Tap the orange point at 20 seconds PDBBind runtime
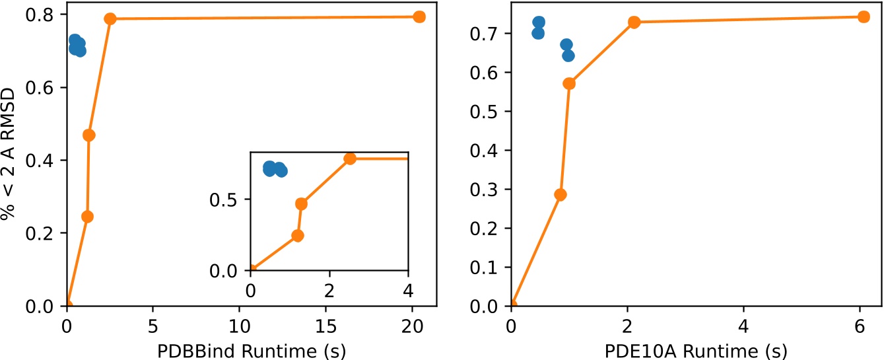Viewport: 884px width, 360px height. (x=419, y=17)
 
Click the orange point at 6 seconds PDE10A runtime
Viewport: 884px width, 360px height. (x=863, y=17)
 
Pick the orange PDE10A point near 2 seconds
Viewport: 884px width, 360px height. (x=634, y=22)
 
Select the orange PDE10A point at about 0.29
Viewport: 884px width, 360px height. (x=561, y=195)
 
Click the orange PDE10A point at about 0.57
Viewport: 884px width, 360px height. (x=569, y=83)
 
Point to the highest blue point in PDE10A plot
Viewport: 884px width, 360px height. (x=539, y=22)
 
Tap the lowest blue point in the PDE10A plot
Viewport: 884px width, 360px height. (x=568, y=55)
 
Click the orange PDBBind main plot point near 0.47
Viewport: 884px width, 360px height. (x=88, y=135)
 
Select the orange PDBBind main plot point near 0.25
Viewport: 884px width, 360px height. (x=87, y=217)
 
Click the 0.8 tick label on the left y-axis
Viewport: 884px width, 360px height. (x=45, y=15)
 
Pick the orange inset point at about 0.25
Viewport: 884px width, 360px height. (x=297, y=236)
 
